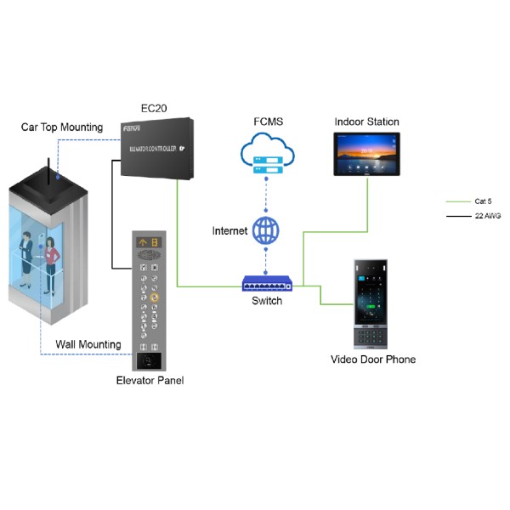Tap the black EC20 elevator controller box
(154, 150)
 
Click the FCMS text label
(267, 122)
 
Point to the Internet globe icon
(266, 229)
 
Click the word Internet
(229, 230)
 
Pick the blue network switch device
(266, 282)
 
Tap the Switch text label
(266, 301)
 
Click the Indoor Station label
(366, 122)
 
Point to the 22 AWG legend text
(487, 217)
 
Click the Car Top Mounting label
(62, 127)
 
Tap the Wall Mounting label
(88, 345)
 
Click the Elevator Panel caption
(150, 380)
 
